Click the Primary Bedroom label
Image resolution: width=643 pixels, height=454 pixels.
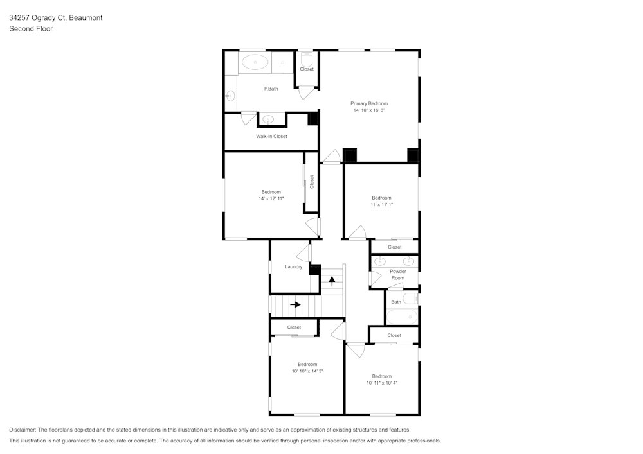[368, 103]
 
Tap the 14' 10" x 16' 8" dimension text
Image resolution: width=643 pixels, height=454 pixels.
[368, 110]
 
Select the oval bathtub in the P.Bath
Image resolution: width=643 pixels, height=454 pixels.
[256, 63]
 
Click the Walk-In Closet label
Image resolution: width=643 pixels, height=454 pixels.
[271, 137]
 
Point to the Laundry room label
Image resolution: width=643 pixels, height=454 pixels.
[294, 266]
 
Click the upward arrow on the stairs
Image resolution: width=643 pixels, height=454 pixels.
[332, 281]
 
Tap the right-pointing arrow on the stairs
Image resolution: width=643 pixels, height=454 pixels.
[295, 304]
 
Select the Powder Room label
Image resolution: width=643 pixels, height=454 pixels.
[398, 274]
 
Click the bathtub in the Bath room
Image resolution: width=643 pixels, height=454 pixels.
[402, 317]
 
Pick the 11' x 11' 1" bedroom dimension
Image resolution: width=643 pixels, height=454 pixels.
[381, 205]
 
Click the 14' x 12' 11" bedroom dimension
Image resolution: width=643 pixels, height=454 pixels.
[271, 199]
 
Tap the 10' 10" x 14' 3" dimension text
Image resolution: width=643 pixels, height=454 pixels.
[307, 371]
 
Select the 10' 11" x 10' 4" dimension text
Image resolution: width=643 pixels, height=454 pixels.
[381, 383]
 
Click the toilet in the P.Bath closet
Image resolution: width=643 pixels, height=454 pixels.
[307, 57]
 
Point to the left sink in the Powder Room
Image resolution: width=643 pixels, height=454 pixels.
[380, 261]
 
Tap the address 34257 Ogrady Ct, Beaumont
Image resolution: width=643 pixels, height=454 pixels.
[55, 18]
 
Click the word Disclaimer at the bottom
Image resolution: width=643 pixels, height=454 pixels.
[23, 430]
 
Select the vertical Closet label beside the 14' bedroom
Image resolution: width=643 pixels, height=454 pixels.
[312, 182]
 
